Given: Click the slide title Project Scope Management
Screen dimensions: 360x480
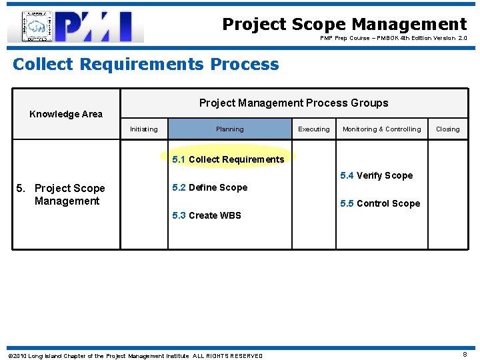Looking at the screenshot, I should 344,25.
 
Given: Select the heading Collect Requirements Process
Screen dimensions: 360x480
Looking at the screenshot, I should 146,65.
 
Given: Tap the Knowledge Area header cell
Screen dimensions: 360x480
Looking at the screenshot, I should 66,114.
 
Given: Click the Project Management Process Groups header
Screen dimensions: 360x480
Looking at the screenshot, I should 293,103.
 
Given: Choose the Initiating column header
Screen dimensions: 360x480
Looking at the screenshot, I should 144,129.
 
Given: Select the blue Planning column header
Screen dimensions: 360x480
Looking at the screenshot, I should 229,129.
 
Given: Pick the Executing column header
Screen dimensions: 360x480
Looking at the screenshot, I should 313,129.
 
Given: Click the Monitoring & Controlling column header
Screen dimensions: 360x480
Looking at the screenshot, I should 381,129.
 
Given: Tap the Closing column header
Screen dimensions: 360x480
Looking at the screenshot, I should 447,129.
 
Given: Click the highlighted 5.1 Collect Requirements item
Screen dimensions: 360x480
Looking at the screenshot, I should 228,159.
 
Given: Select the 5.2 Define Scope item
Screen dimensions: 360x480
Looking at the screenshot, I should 209,187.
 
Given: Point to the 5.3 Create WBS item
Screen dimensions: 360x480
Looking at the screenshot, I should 207,215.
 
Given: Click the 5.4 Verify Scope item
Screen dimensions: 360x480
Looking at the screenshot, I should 376,175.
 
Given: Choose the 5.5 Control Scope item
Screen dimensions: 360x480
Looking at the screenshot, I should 380,203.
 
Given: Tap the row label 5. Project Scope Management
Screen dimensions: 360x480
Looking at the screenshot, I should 67,195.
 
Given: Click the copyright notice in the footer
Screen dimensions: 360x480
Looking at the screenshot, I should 135,356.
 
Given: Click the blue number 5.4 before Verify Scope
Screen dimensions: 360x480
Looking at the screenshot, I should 347,175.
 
